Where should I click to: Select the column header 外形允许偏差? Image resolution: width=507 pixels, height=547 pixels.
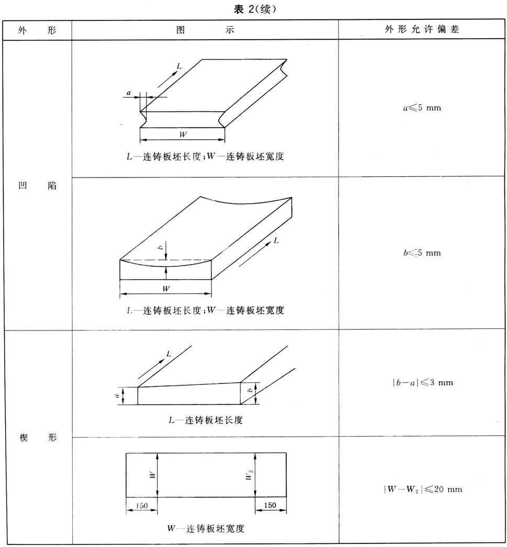pyautogui.click(x=422, y=30)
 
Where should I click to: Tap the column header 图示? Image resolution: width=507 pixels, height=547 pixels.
pyautogui.click(x=205, y=30)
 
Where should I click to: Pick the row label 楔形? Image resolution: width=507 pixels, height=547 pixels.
pyautogui.click(x=37, y=437)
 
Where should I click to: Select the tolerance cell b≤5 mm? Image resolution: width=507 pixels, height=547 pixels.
pyautogui.click(x=422, y=253)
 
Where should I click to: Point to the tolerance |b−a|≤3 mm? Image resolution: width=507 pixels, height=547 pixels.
pyautogui.click(x=422, y=382)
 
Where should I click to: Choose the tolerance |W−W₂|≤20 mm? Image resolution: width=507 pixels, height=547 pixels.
pyautogui.click(x=422, y=489)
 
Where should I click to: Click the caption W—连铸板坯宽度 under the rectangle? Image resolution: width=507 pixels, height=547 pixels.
pyautogui.click(x=206, y=528)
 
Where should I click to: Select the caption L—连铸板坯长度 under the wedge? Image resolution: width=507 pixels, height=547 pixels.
pyautogui.click(x=205, y=420)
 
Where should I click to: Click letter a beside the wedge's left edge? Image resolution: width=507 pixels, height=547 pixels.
pyautogui.click(x=117, y=396)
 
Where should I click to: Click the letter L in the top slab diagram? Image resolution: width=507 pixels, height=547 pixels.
pyautogui.click(x=179, y=66)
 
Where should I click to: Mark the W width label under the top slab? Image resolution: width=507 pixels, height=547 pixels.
pyautogui.click(x=183, y=134)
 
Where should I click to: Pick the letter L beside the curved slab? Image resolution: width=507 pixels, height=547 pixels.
pyautogui.click(x=276, y=241)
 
